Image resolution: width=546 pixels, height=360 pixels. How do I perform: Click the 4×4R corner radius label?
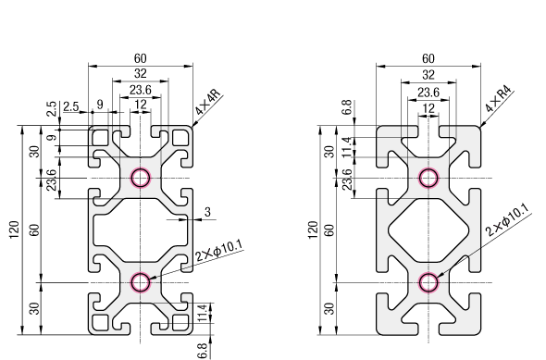[x=208, y=102]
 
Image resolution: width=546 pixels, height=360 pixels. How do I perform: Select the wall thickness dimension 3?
[x=207, y=212]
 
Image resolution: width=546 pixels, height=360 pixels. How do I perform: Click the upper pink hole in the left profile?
[x=141, y=178]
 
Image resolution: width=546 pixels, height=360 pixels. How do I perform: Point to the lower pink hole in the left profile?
[x=141, y=282]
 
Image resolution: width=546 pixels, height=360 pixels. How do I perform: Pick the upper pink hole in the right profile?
[x=428, y=178]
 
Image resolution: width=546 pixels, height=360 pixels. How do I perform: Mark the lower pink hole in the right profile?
[x=428, y=282]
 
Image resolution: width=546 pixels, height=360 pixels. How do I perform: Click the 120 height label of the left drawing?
[x=14, y=230]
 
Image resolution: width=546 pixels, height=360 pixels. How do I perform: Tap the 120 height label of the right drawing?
[x=313, y=230]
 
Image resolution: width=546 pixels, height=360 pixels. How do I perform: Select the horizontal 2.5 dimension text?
[x=71, y=106]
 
